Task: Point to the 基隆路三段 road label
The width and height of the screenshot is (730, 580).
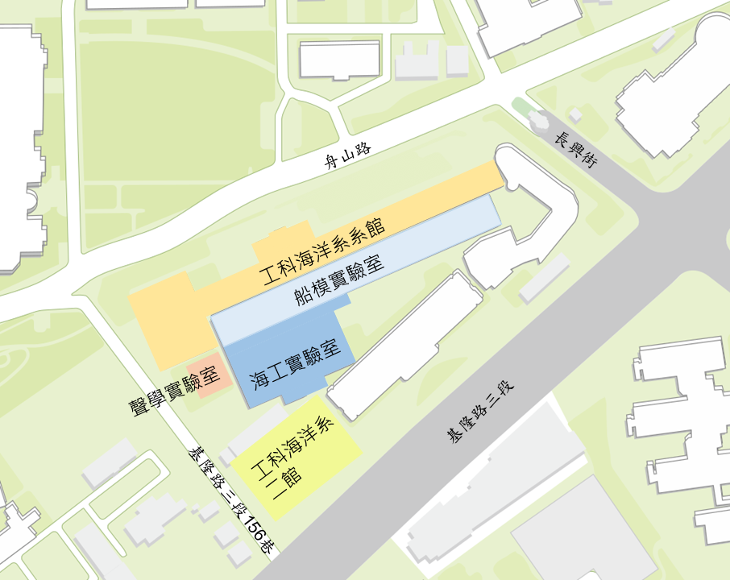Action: click(x=480, y=412)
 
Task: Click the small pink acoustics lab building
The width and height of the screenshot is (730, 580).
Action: click(x=206, y=375)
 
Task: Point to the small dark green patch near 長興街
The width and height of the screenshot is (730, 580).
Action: click(x=523, y=106)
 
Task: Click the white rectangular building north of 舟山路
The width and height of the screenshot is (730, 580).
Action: click(x=339, y=60)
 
